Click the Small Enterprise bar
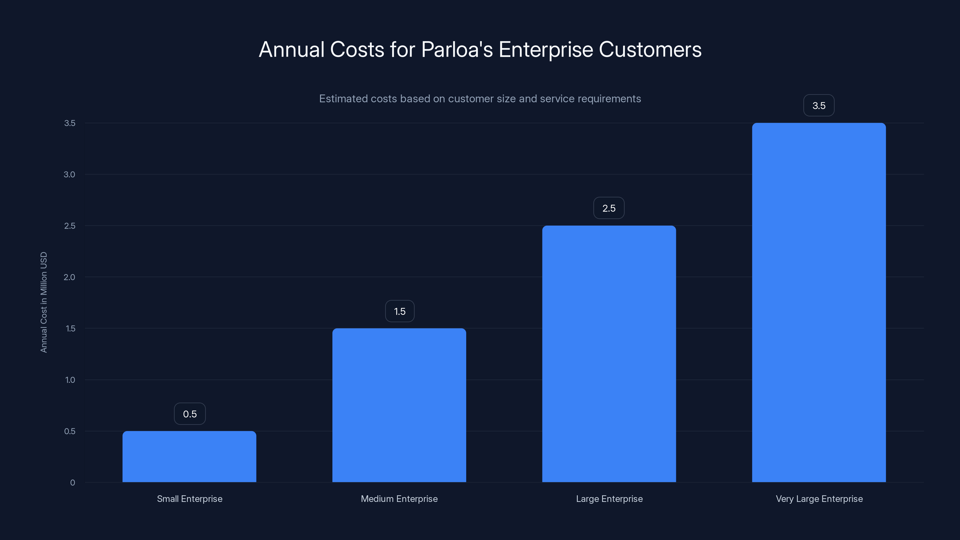pyautogui.click(x=189, y=457)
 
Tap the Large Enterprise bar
pyautogui.click(x=609, y=354)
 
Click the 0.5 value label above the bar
pyautogui.click(x=190, y=414)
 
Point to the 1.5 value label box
pyautogui.click(x=400, y=311)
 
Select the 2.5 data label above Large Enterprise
pyautogui.click(x=609, y=208)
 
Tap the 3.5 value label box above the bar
pyautogui.click(x=819, y=106)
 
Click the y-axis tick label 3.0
pyautogui.click(x=69, y=174)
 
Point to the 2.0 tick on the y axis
pyautogui.click(x=69, y=277)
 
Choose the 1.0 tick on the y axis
pyautogui.click(x=70, y=380)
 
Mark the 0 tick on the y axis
pyautogui.click(x=73, y=483)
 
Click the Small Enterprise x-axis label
pyautogui.click(x=189, y=499)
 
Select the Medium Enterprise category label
pyautogui.click(x=399, y=499)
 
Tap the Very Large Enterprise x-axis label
pyautogui.click(x=819, y=499)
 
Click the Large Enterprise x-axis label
pyautogui.click(x=609, y=499)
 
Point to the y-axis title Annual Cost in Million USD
pyautogui.click(x=43, y=302)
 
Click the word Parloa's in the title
pyautogui.click(x=457, y=49)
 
